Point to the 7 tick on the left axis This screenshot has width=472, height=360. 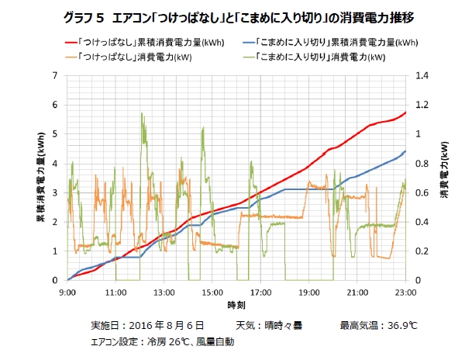pyautogui.click(x=55, y=75)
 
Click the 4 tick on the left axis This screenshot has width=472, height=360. pyautogui.click(x=55, y=163)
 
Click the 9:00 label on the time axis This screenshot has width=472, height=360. pyautogui.click(x=67, y=292)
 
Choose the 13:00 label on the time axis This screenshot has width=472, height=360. pyautogui.click(x=164, y=292)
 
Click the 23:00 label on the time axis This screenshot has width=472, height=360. pyautogui.click(x=405, y=292)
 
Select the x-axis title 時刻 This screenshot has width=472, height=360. pyautogui.click(x=236, y=306)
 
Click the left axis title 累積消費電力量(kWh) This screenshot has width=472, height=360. pyautogui.click(x=40, y=178)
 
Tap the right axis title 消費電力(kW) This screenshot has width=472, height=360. pyautogui.click(x=444, y=178)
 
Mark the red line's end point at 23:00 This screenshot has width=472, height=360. pyautogui.click(x=405, y=113)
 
